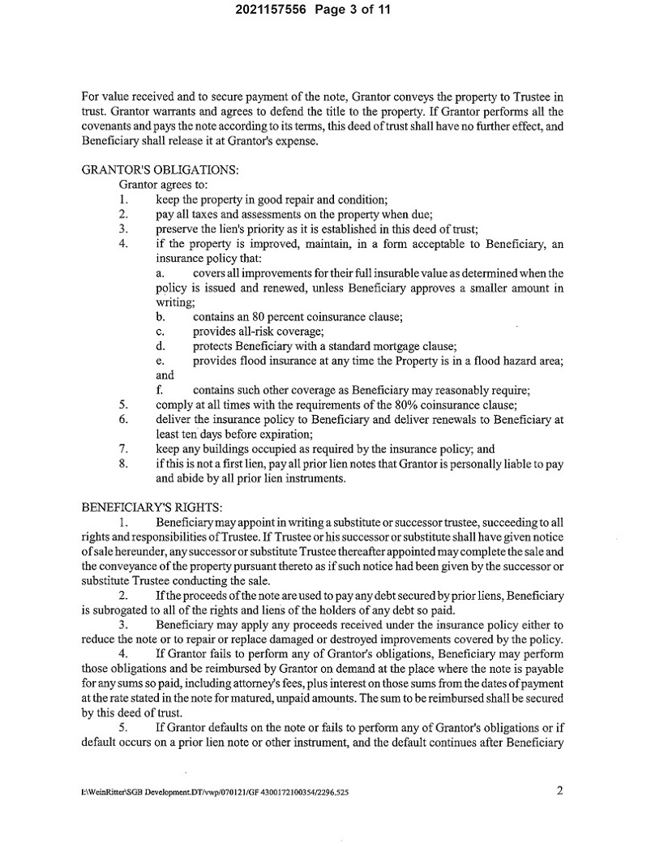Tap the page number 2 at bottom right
pos(559,790)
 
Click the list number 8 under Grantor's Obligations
pos(124,463)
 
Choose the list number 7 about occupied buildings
pos(124,448)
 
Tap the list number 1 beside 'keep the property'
pos(123,199)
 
